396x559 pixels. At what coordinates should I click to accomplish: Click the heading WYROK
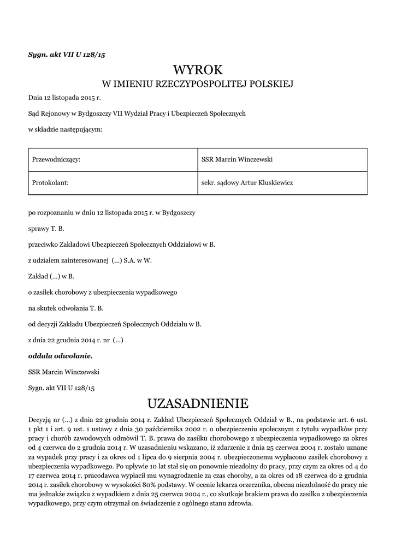click(x=198, y=70)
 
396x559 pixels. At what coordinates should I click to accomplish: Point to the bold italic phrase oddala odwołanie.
click(x=61, y=355)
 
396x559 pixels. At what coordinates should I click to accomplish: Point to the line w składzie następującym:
click(x=65, y=129)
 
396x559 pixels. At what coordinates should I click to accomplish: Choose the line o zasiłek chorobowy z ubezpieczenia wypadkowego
click(x=103, y=292)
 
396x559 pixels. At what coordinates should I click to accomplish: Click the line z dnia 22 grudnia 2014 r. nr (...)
click(x=76, y=340)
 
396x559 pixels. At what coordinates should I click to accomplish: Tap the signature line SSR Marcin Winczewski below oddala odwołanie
click(x=64, y=372)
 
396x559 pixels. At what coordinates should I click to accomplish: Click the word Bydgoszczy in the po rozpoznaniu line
click(x=186, y=212)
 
